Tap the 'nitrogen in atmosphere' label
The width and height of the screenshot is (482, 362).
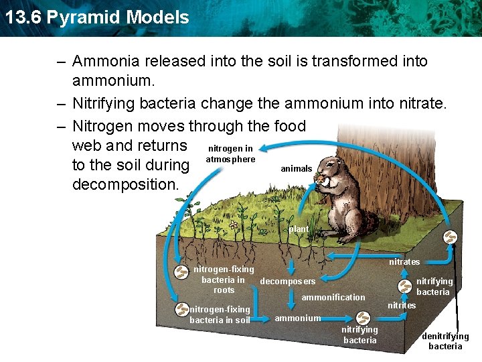click(x=230, y=154)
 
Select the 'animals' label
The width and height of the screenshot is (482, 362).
click(x=296, y=169)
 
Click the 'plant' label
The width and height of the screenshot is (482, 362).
click(x=299, y=229)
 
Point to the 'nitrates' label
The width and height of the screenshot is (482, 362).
click(x=404, y=261)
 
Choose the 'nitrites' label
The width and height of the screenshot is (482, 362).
click(x=402, y=306)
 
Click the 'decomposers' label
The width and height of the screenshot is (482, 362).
click(x=287, y=282)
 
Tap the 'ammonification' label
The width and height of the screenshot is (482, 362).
click(x=333, y=297)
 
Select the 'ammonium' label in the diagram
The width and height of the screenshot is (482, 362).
click(x=297, y=318)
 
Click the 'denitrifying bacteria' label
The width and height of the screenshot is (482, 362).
click(x=445, y=341)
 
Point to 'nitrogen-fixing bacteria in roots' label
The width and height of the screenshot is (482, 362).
click(x=224, y=280)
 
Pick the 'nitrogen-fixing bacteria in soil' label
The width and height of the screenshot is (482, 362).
click(x=220, y=314)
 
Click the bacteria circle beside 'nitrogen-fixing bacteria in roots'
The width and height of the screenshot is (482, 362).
click(x=181, y=272)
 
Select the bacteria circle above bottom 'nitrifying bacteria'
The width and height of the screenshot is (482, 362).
click(x=362, y=317)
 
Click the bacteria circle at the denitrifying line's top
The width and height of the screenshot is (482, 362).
click(x=451, y=238)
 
